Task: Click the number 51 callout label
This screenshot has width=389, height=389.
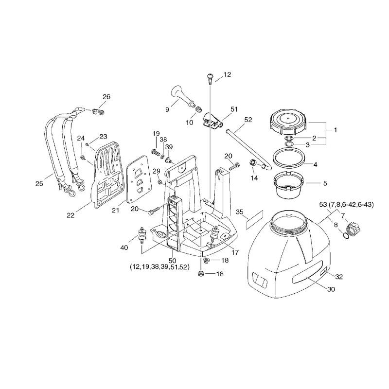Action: [x=234, y=109]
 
